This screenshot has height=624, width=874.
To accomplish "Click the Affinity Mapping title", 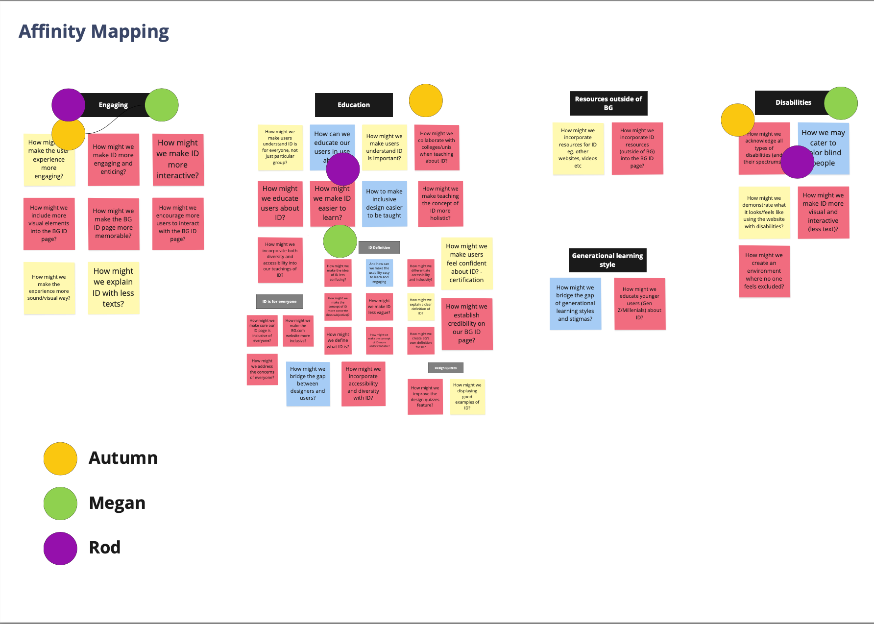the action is tap(94, 32).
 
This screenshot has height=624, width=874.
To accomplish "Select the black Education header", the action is tap(354, 105).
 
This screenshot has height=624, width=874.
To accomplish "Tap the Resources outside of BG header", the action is tap(608, 103).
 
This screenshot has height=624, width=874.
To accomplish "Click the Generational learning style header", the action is tap(607, 260).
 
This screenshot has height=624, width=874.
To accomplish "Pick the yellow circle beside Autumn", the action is tap(60, 458).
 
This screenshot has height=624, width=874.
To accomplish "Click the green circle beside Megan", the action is tap(60, 503).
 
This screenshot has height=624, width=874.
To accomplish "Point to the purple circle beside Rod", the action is tap(60, 548).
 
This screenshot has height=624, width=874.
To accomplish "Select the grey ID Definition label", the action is tap(379, 247).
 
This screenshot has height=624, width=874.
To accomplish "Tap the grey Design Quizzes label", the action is tap(445, 368).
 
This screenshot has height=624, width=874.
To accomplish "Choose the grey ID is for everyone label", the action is tap(279, 301).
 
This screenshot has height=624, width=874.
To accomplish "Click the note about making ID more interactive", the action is tap(178, 159).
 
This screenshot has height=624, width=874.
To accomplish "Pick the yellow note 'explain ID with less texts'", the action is tap(113, 288).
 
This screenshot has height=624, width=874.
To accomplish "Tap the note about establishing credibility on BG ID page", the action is tap(466, 324).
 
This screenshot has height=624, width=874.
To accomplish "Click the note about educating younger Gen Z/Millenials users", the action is tap(639, 304).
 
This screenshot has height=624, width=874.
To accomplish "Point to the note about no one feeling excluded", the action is tap(764, 271).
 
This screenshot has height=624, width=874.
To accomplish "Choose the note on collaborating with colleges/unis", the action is tap(437, 147).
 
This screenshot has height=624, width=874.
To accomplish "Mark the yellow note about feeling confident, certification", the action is tap(466, 263).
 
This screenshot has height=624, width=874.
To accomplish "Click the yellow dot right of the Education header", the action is tap(426, 100).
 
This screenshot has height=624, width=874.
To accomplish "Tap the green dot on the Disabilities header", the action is tap(841, 103).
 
